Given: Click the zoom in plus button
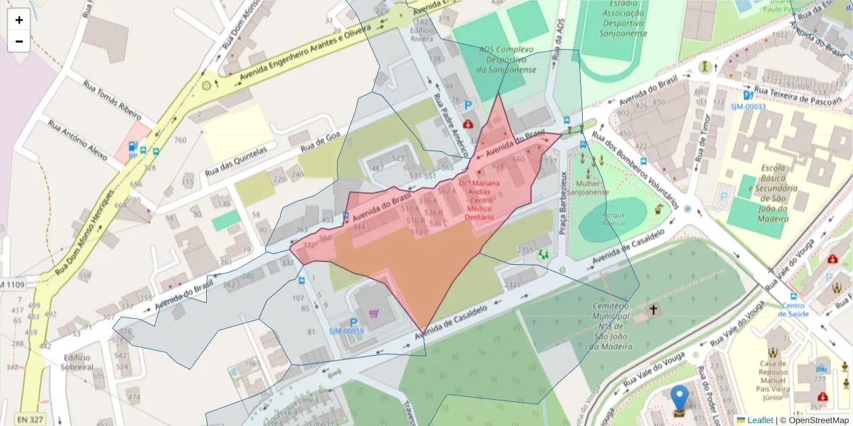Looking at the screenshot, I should tap(19, 20).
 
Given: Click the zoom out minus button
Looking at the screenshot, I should tap(19, 41).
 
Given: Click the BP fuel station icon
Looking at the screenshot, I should tap(133, 149).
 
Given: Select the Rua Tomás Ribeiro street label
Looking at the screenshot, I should tap(112, 102).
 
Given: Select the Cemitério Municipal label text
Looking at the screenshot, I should tap(612, 326).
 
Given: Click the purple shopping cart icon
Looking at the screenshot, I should tap(374, 312).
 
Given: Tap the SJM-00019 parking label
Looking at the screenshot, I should tap(346, 331).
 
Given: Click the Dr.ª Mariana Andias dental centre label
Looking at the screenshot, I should tap(479, 200).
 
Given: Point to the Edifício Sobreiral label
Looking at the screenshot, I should tap(77, 362).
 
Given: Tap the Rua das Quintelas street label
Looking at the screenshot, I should tap(235, 162).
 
